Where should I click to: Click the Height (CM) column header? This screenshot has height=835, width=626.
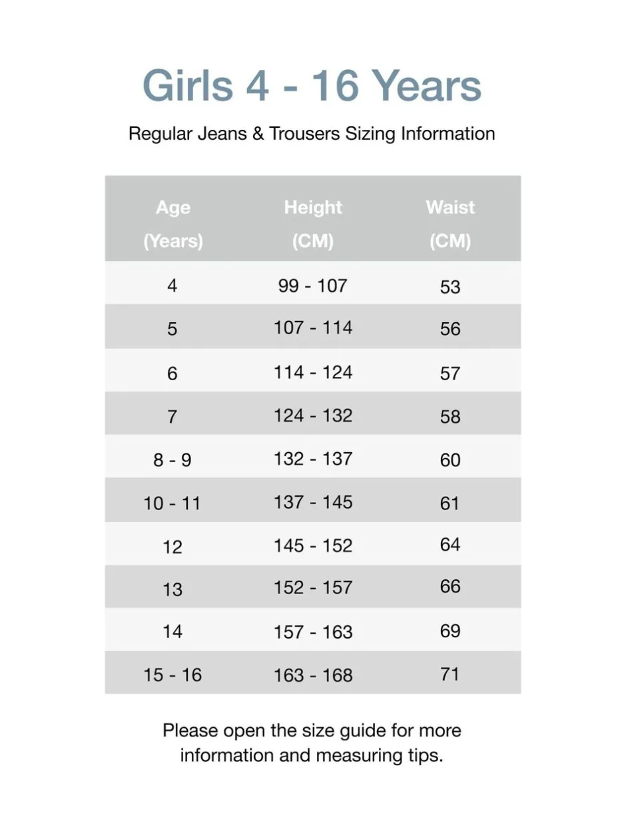[313, 224]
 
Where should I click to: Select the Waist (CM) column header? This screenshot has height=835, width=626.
[450, 224]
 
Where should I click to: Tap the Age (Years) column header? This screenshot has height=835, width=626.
[172, 224]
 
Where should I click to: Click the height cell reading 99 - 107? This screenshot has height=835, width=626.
[313, 286]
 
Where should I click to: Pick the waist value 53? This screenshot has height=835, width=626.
[450, 287]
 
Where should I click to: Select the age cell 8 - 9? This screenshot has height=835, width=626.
[172, 459]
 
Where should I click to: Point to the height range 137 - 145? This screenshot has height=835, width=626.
[313, 501]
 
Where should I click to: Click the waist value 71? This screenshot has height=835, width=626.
[450, 674]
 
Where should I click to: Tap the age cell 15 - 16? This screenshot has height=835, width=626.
[172, 675]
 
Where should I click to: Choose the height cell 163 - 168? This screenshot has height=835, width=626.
[313, 675]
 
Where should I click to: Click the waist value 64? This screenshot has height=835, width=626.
[450, 545]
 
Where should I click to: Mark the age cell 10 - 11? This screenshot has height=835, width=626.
[172, 503]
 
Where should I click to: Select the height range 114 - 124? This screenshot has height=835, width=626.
[313, 372]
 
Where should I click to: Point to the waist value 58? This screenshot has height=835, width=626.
[450, 417]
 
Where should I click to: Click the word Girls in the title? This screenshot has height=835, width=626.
[188, 86]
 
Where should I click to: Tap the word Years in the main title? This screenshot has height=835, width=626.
[426, 86]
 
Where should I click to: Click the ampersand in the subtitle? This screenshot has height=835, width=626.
[256, 133]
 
